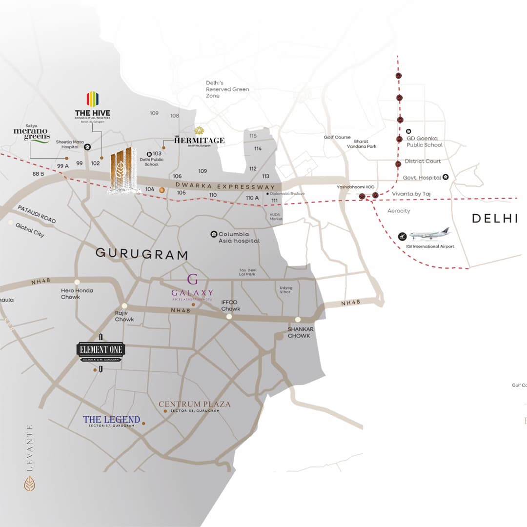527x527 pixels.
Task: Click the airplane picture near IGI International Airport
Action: tap(429, 234)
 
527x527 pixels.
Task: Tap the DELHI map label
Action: tap(494, 219)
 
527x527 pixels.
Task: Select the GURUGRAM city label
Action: tap(142, 254)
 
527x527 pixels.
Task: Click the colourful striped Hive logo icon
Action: tap(92, 99)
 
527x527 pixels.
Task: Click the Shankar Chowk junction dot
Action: tap(298, 320)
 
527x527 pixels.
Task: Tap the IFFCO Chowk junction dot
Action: tap(229, 317)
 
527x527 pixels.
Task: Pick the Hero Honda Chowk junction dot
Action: tap(77, 282)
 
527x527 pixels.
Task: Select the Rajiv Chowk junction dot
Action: tap(124, 305)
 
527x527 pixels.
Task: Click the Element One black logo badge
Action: tap(101, 349)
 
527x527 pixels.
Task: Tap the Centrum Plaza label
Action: tap(194, 404)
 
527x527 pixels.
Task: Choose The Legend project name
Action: tap(111, 420)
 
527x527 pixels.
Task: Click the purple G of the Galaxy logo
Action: tap(193, 280)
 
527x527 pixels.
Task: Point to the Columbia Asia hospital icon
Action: tap(214, 234)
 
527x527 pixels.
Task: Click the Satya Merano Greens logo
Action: tap(32, 134)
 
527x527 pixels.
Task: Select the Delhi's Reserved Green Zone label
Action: tap(227, 89)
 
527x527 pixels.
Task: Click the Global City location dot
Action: tap(11, 223)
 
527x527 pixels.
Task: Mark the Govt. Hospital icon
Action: tap(446, 178)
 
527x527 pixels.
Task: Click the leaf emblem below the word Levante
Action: tap(29, 483)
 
